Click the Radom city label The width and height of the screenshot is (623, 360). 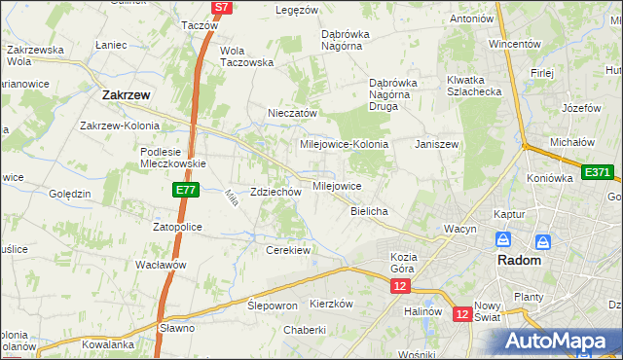pos(519,262)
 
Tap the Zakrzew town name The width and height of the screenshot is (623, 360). pos(125,95)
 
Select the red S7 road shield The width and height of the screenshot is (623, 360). pos(221,7)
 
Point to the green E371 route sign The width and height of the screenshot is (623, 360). pos(597,172)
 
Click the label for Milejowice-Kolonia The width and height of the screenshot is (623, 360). pos(344,144)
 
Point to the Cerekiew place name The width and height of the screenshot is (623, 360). pos(287,250)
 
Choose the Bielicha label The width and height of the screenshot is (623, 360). pos(369,211)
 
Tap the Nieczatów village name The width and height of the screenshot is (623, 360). pos(293,113)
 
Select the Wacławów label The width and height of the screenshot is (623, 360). pos(161,265)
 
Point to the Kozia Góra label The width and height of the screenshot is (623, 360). pos(396,262)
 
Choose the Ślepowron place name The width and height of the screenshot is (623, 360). pos(272,305)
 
